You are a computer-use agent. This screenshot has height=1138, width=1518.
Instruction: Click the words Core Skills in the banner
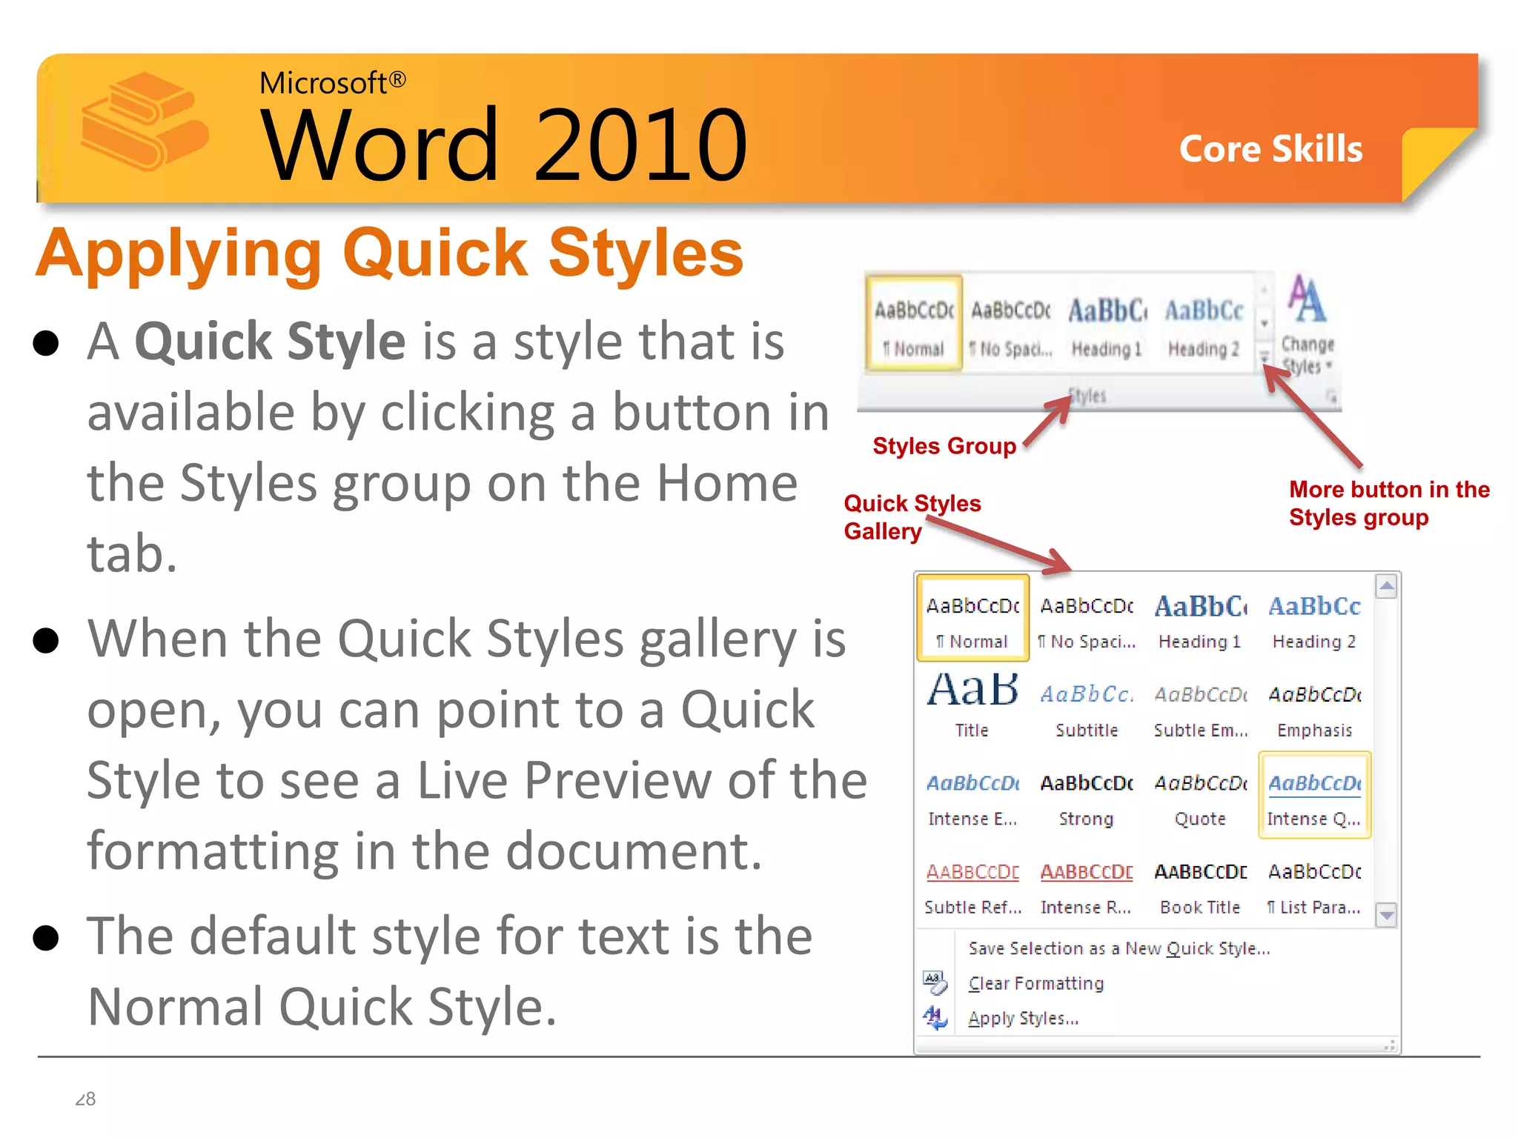point(1270,149)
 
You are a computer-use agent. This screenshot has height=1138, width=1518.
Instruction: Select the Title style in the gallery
point(972,705)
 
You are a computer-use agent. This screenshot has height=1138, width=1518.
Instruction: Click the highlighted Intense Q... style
point(1314,796)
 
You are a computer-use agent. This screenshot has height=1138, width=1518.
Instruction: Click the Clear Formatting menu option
point(1036,983)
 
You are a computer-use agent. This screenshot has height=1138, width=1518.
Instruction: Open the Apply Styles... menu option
point(1023,1018)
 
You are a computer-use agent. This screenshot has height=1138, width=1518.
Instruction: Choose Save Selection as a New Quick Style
point(1119,948)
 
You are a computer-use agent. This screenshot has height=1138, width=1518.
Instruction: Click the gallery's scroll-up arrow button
point(1386,587)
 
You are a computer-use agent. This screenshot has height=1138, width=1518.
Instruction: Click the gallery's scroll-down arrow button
point(1386,916)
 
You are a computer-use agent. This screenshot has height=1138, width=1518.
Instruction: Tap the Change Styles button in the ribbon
point(1307,326)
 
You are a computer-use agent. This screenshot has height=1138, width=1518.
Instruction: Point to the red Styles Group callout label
point(944,446)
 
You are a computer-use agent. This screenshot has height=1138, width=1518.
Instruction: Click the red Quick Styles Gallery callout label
point(912,517)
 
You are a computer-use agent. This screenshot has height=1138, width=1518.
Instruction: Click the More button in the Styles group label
point(1388,503)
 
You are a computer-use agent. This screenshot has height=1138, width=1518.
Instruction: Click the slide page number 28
point(85,1099)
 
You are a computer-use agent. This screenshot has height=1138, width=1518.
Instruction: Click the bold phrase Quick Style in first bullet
point(271,342)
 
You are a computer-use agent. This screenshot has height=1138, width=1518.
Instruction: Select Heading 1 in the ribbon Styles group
point(1107,326)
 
